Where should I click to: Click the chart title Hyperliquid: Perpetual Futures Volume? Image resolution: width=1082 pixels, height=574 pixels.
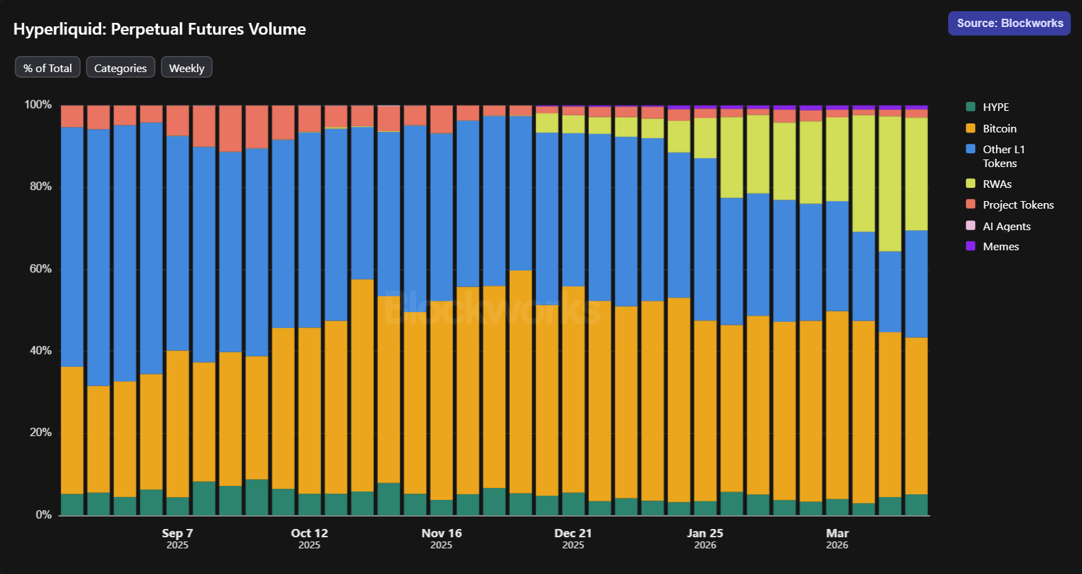[x=160, y=29]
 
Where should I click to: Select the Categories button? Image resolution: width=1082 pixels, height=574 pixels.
[x=121, y=68]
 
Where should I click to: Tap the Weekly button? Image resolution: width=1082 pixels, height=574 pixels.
[x=187, y=68]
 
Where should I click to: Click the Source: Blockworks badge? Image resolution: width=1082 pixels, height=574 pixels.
[x=1009, y=23]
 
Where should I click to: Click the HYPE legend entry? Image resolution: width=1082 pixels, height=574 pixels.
[x=995, y=107]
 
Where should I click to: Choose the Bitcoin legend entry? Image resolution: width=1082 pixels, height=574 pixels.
[x=999, y=128]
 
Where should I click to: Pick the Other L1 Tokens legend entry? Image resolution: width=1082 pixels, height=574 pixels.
[x=1003, y=156]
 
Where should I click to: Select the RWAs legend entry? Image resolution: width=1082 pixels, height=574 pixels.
[x=997, y=184]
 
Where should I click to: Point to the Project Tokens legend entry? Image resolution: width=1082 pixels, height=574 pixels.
[x=1017, y=205]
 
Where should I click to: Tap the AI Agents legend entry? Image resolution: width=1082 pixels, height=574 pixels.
[x=1006, y=226]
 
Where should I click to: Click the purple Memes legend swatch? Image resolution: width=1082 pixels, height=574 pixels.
[x=970, y=246]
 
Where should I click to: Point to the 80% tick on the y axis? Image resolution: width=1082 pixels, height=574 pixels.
[x=38, y=186]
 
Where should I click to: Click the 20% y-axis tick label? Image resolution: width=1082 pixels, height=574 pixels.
[x=38, y=433]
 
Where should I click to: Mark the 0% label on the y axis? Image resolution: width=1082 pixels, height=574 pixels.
[x=43, y=514]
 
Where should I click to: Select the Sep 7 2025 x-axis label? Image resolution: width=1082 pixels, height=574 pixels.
[x=178, y=538]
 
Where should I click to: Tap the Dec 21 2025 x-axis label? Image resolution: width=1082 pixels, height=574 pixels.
[x=573, y=538]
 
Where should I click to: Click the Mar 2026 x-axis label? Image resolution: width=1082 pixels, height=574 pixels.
[x=837, y=538]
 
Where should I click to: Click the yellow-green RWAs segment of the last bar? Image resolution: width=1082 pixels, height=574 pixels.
[x=916, y=173]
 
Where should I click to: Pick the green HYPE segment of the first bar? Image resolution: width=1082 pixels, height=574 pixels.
[x=72, y=504]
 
